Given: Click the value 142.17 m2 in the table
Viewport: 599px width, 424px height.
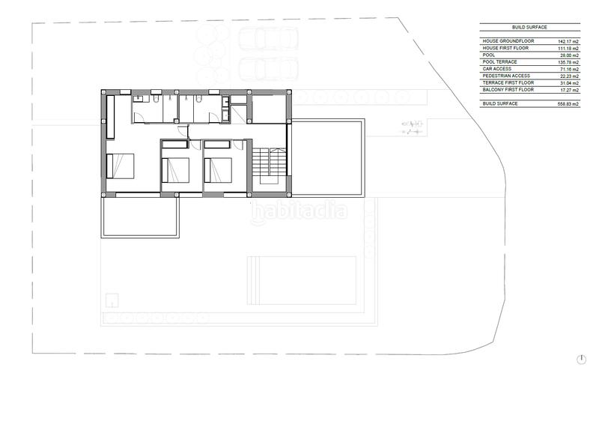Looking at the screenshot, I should [x=569, y=42].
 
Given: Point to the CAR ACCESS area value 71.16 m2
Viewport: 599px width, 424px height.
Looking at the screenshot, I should [x=569, y=69].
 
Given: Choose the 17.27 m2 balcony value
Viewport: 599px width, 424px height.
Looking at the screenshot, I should [x=569, y=89].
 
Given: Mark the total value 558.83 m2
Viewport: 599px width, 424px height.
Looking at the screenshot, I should [x=568, y=103].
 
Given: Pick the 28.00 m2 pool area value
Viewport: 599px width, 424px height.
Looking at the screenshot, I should [x=569, y=55].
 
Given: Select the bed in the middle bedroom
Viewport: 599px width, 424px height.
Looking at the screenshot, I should [x=177, y=172].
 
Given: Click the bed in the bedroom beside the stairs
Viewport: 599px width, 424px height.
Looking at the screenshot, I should [x=220, y=172].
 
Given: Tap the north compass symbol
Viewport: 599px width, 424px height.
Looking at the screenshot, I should [x=581, y=360].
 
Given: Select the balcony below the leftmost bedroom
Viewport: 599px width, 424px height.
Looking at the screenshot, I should [x=139, y=215].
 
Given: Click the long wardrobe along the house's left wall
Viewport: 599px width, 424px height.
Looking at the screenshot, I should [x=110, y=118].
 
